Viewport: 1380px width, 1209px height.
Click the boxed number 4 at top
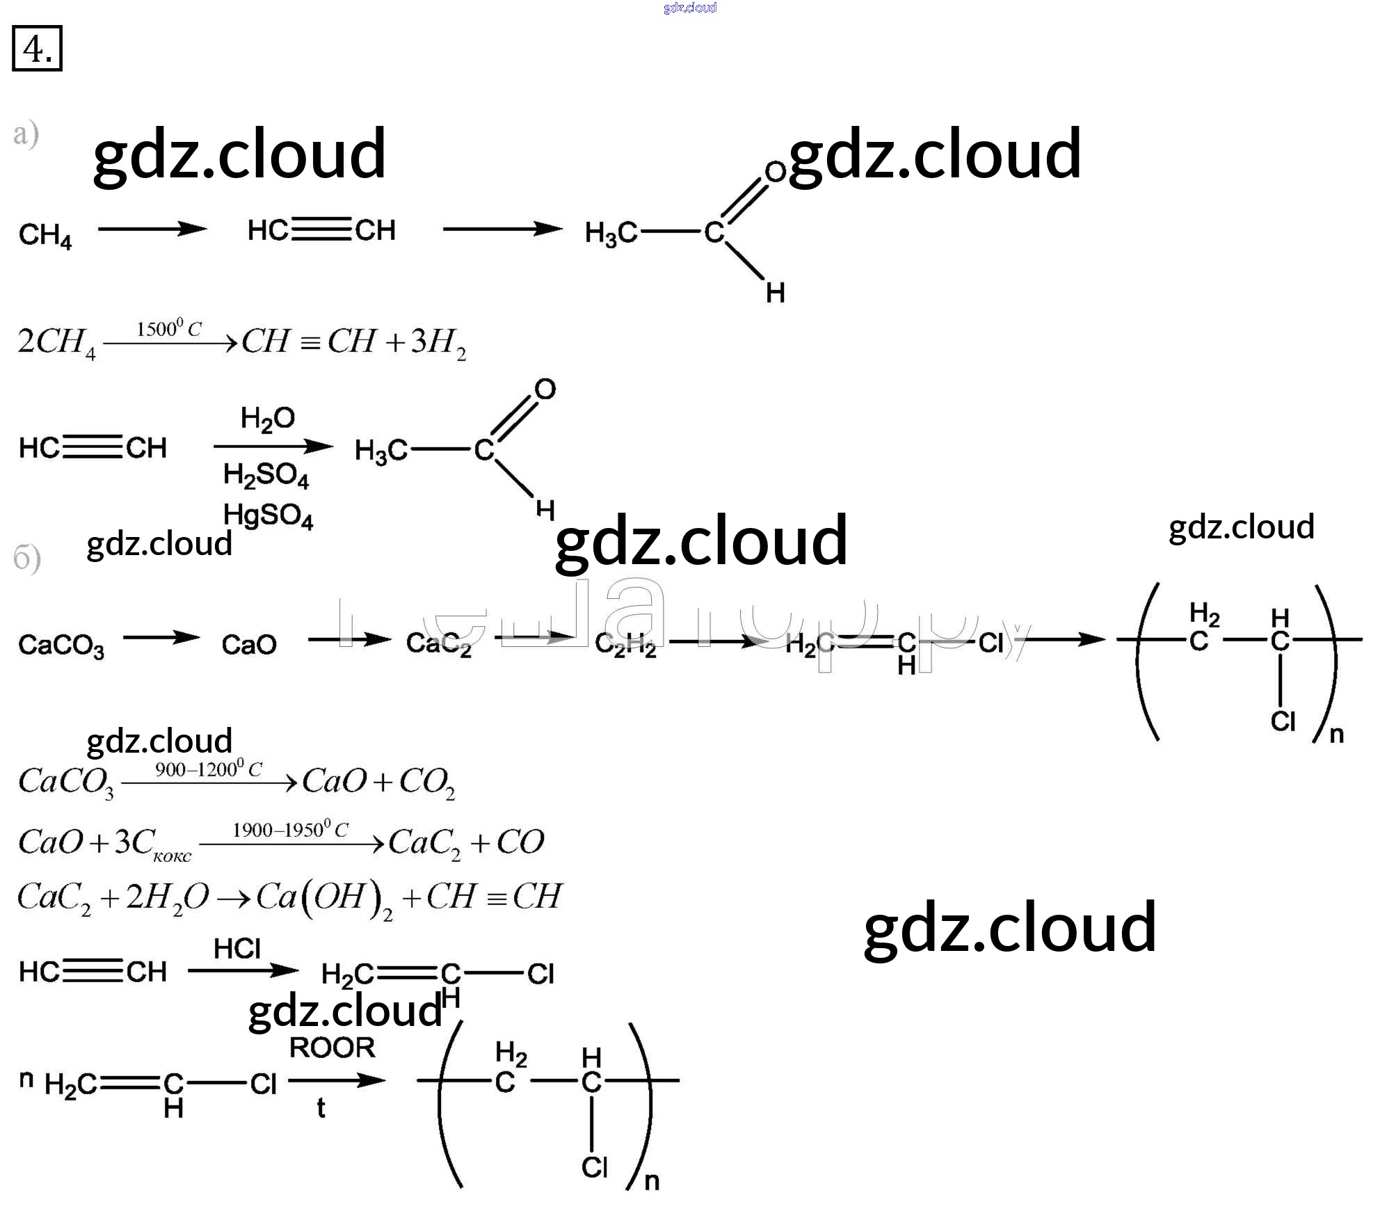coord(37,49)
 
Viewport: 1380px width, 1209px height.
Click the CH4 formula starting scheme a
coord(45,235)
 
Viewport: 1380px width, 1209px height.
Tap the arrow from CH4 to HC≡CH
coord(152,229)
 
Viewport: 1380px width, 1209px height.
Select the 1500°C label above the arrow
coord(168,328)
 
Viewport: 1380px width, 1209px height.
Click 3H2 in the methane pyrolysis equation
coord(438,342)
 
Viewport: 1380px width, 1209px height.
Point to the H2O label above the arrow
coord(267,419)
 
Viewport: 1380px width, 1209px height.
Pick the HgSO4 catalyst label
coord(268,515)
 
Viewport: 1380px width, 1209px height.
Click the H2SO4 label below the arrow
coord(266,475)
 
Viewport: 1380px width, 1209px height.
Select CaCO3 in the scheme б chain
coord(61,646)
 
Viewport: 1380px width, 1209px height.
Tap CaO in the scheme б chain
coord(249,645)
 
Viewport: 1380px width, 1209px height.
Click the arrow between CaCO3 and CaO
coord(161,638)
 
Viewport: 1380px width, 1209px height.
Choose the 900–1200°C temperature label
coord(208,769)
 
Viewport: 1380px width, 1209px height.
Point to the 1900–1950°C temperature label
coord(289,830)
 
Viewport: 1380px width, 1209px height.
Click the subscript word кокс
coord(172,856)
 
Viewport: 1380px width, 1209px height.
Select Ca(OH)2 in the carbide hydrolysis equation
coord(324,897)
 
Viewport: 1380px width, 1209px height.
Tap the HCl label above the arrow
coord(237,949)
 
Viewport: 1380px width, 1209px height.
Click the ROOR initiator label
coord(332,1048)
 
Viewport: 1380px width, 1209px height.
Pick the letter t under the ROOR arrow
coord(321,1108)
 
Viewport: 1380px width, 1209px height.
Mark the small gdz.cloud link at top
coord(689,8)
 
